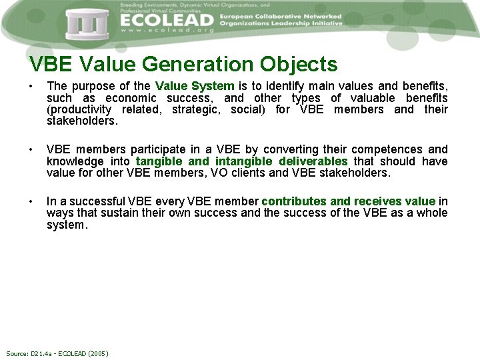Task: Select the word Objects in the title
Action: click(x=299, y=65)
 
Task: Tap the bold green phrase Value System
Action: click(x=195, y=86)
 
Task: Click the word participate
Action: click(x=147, y=149)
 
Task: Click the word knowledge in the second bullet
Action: click(x=75, y=161)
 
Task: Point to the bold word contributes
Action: click(x=294, y=201)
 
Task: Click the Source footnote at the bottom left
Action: click(x=57, y=353)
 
